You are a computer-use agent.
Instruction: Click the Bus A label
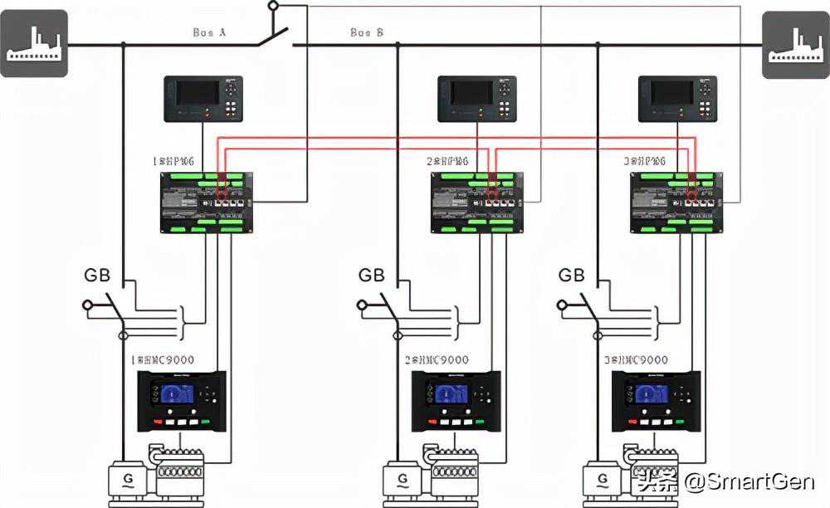[x=209, y=32]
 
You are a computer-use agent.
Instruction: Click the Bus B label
[x=367, y=32]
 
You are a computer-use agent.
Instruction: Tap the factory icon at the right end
[x=796, y=45]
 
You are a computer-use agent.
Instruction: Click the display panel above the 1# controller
[x=203, y=99]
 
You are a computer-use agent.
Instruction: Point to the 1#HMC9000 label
[x=164, y=360]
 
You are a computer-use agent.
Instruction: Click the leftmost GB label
[x=97, y=276]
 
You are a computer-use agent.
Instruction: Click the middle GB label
[x=371, y=276]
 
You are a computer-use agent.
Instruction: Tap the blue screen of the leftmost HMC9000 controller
[x=177, y=393]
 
